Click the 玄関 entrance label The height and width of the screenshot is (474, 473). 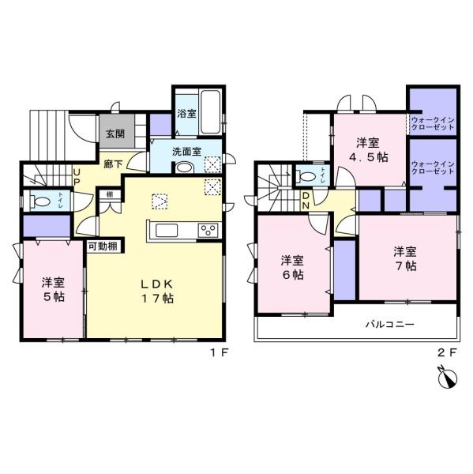tap(114, 134)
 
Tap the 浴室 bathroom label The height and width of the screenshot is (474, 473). tap(186, 114)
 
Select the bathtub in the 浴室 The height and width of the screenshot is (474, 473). tap(211, 112)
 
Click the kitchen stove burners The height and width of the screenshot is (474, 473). tap(208, 231)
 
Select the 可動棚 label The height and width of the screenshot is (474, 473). tap(103, 246)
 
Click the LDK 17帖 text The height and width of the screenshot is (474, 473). tap(157, 292)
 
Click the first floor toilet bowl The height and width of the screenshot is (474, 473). tap(40, 201)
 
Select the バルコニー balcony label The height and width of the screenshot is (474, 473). tap(389, 324)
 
